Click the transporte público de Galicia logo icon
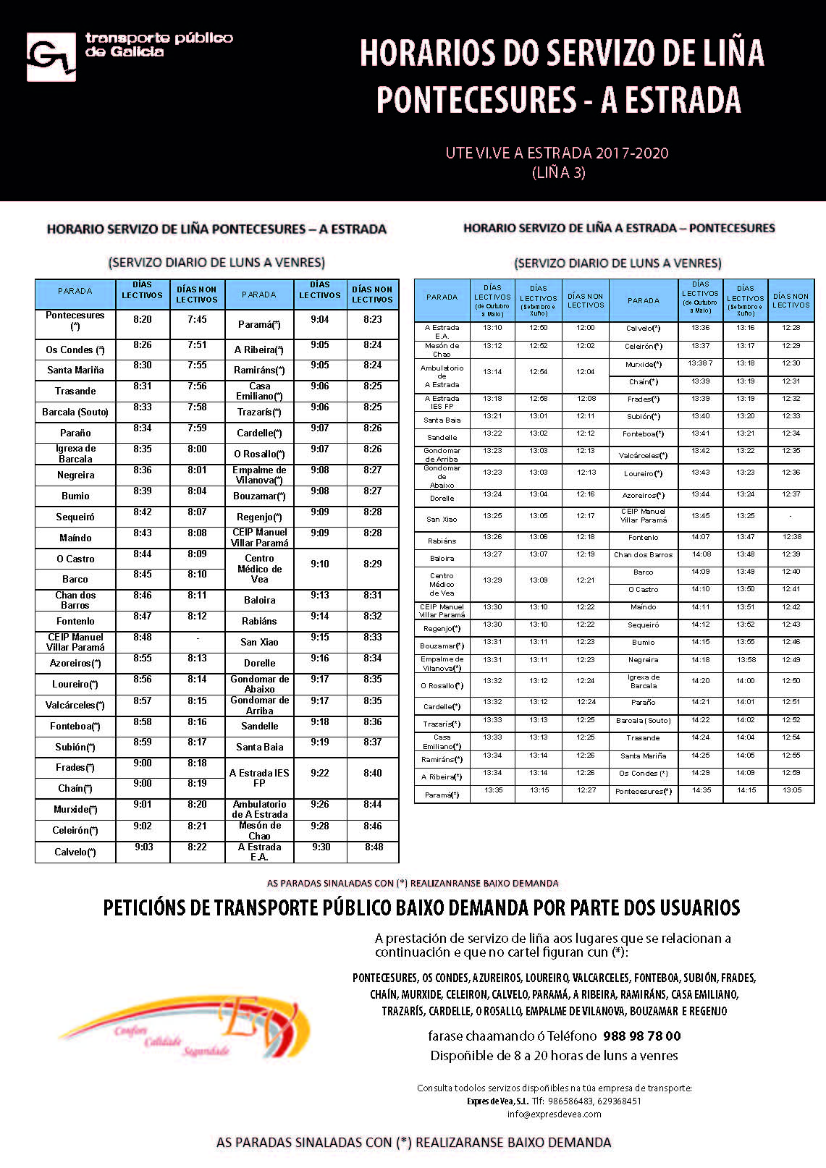tap(51, 56)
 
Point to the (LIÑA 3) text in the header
tap(558, 173)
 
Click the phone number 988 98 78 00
tap(641, 1036)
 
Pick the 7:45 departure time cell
tap(197, 320)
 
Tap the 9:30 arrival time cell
tap(321, 847)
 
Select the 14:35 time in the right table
tap(701, 790)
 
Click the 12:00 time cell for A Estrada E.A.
tap(585, 328)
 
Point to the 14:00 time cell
tap(745, 681)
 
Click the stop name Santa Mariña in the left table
tap(75, 370)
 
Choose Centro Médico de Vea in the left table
tap(259, 569)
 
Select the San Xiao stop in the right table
tap(442, 519)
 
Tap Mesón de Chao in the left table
tap(259, 830)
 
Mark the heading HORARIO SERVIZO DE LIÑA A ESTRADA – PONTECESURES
tap(619, 228)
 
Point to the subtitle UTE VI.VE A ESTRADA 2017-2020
tap(557, 153)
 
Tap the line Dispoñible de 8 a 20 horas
tap(554, 1056)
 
